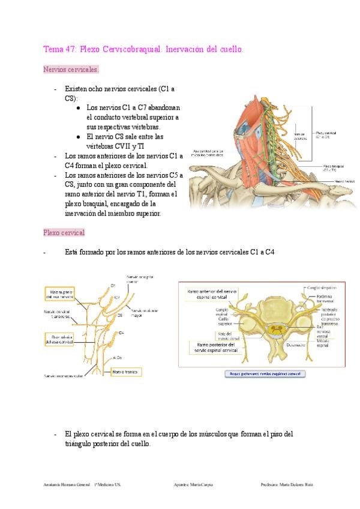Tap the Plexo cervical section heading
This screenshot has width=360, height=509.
point(64,232)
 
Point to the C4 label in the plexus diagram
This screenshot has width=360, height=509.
point(122,332)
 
